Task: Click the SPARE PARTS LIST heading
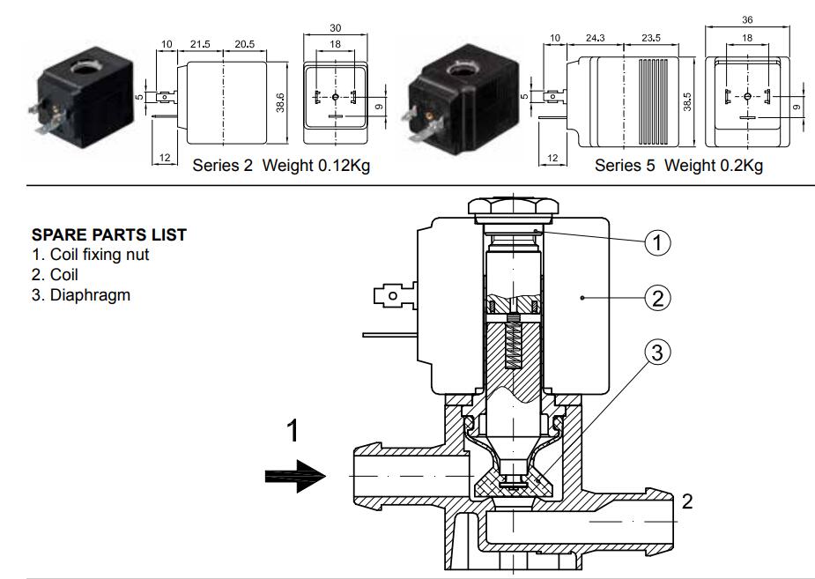108,236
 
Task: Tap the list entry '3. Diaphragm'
80,294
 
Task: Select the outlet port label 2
687,502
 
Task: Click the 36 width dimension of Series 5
747,19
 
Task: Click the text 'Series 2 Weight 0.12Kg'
281,166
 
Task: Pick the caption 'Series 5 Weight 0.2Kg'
678,166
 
